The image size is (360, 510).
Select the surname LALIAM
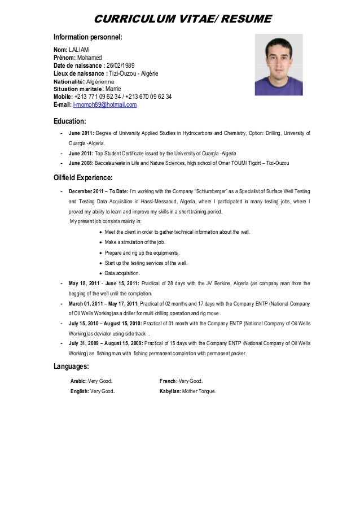(78, 49)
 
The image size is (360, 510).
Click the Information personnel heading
(87, 37)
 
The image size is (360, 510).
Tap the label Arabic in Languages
(78, 380)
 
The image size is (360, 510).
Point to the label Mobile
(63, 97)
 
